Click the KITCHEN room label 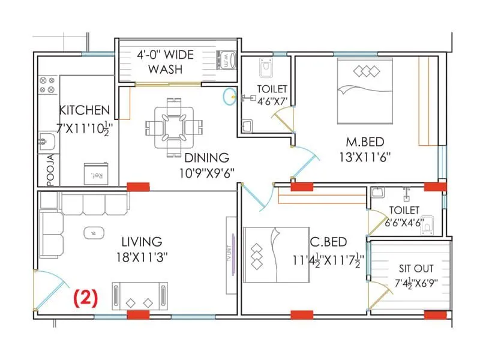(84, 110)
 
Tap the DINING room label (206, 158)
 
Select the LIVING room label (142, 242)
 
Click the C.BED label (328, 242)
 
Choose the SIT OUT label (416, 269)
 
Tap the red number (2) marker (86, 296)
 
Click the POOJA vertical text (50, 170)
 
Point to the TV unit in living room (229, 255)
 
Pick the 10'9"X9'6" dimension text (206, 173)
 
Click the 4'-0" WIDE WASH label (165, 62)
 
